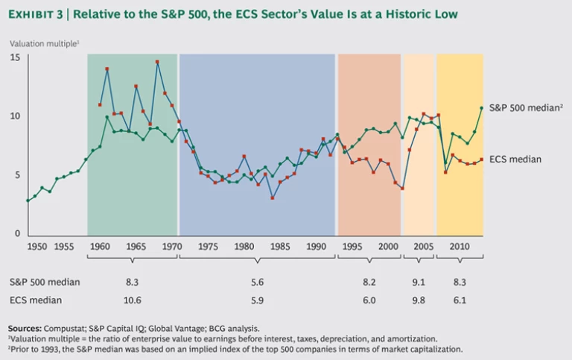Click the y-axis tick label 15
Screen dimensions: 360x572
(14, 57)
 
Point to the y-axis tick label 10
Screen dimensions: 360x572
(14, 116)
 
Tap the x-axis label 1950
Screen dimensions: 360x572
(37, 245)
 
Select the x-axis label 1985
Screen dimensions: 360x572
(280, 245)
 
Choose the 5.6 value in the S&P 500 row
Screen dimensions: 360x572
(257, 282)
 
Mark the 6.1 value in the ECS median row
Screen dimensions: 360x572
(460, 300)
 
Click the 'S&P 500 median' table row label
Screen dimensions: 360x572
(45, 282)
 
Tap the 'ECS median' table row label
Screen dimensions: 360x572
(35, 300)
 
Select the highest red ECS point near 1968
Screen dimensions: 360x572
(157, 62)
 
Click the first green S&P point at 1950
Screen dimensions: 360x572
(28, 200)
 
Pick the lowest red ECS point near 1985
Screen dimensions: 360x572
(273, 198)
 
